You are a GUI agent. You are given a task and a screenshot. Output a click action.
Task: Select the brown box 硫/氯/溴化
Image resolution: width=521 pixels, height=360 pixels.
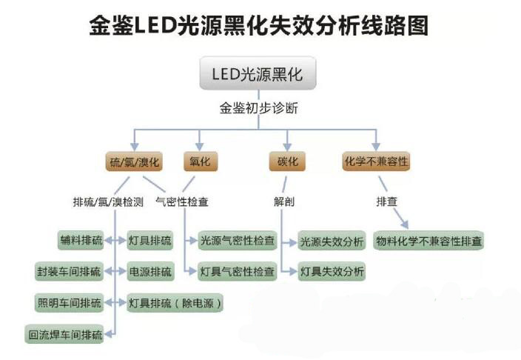(134, 161)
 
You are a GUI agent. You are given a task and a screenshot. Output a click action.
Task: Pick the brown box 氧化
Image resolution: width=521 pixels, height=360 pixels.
(199, 161)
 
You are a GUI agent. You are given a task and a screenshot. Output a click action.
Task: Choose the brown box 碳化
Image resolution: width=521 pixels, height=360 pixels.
(286, 161)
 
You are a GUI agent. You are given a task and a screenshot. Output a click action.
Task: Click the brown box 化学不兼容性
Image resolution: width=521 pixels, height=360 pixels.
(376, 161)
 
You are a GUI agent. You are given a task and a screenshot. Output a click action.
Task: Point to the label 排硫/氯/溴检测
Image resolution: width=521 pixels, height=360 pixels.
(108, 201)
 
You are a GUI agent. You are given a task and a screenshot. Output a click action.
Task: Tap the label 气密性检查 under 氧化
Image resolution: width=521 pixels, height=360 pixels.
(182, 201)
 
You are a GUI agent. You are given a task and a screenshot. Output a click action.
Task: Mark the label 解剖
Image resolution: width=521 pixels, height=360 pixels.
(285, 201)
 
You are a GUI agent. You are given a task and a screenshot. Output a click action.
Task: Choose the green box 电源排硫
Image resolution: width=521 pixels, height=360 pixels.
(149, 272)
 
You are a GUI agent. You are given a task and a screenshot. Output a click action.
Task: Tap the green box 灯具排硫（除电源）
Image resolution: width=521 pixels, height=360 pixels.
(175, 303)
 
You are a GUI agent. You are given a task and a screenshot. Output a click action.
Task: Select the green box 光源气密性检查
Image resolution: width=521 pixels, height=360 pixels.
(238, 241)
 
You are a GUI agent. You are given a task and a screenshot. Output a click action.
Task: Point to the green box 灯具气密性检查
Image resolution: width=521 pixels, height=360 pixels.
(238, 272)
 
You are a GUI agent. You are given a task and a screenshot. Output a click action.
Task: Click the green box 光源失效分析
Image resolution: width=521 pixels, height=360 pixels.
(332, 241)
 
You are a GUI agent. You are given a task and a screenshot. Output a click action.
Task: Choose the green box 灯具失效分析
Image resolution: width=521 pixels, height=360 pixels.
(332, 272)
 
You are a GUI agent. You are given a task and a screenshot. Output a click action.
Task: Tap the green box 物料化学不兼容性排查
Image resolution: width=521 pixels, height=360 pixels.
(429, 241)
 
